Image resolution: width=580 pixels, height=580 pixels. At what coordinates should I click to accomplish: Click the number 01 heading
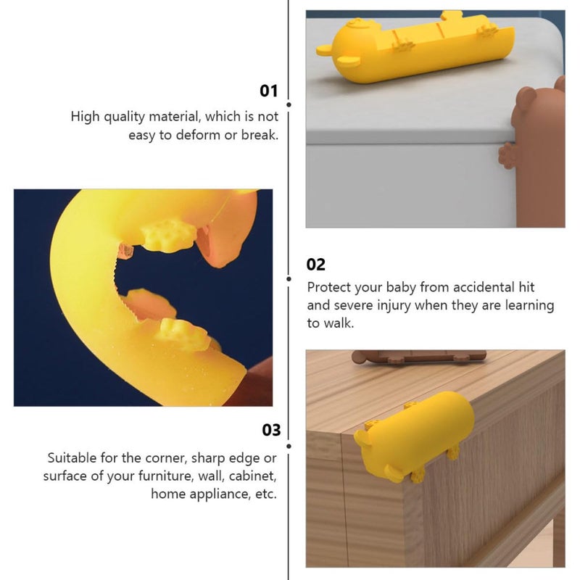268,91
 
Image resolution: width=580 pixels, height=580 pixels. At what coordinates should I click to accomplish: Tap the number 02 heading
315,265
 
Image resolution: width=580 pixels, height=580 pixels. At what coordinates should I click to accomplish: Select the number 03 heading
271,430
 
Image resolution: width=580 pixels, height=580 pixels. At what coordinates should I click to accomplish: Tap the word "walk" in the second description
339,323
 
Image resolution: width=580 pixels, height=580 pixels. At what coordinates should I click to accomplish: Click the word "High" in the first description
86,117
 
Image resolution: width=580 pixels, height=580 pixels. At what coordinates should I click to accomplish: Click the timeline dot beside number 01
289,104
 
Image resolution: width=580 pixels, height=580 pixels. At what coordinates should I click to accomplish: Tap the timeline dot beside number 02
289,278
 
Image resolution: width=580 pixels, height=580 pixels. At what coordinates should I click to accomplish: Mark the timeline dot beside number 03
289,447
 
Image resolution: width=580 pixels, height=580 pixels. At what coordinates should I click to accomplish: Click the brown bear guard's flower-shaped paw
507,157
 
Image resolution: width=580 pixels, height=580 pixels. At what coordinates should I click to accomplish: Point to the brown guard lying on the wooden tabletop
418,357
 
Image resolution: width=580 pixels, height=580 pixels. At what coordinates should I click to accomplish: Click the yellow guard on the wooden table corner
414,438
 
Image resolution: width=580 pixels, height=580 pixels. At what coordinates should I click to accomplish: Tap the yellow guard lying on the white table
415,46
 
